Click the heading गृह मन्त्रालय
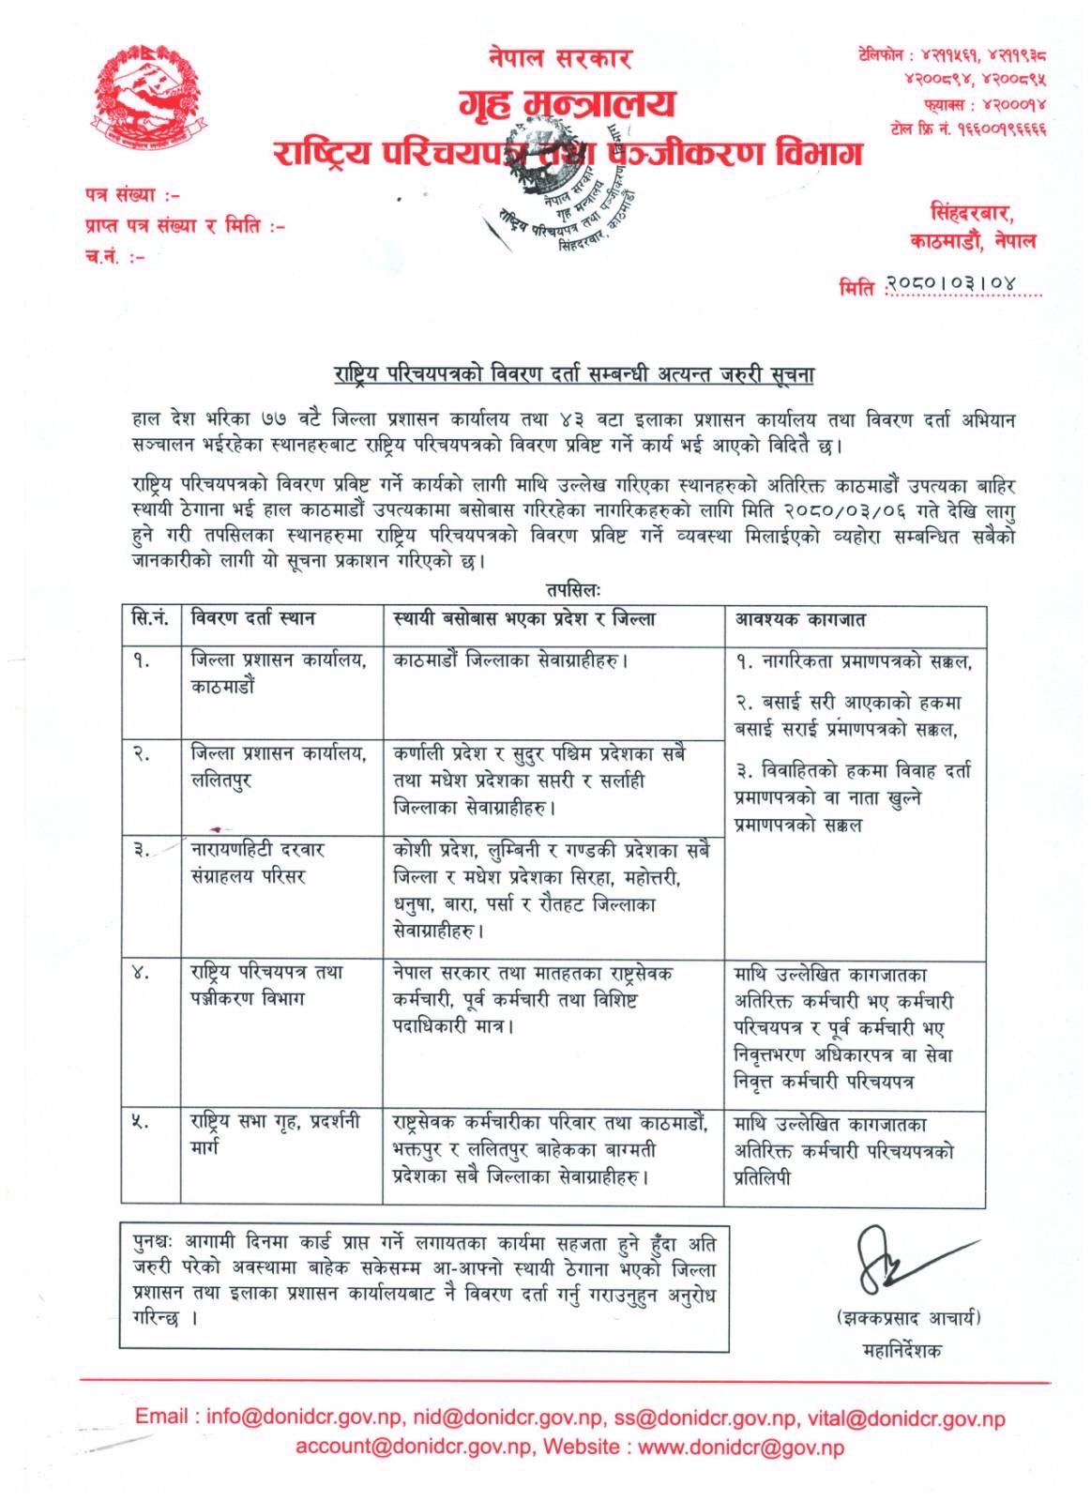pos(567,102)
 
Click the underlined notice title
pos(573,375)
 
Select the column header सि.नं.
pos(150,619)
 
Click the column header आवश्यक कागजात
pos(799,620)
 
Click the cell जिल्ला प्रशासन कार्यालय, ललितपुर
pos(279,766)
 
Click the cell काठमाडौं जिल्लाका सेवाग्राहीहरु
pos(510,660)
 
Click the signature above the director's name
pos(905,1259)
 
